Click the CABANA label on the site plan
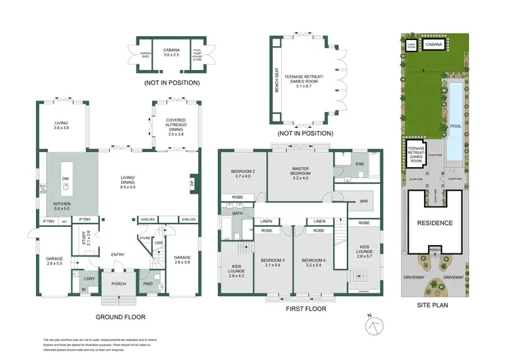(436, 45)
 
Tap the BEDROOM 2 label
(243, 173)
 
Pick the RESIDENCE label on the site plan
(434, 222)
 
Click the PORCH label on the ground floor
(119, 284)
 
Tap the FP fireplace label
(192, 183)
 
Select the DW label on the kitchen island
(66, 180)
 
